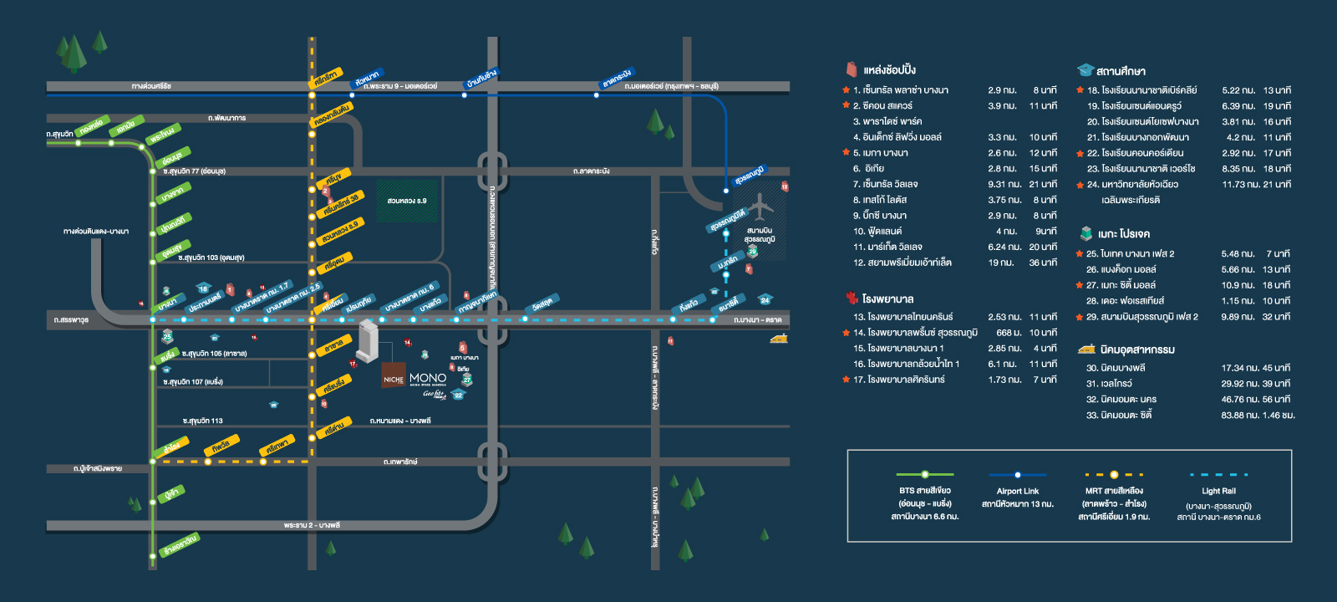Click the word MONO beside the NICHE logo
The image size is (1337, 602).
pyautogui.click(x=428, y=378)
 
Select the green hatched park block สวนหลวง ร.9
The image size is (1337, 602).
pyautogui.click(x=407, y=202)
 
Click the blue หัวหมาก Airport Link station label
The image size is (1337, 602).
pyautogui.click(x=367, y=79)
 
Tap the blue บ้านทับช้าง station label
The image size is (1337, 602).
pyautogui.click(x=481, y=78)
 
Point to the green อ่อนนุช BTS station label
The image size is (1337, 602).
pyautogui.click(x=172, y=157)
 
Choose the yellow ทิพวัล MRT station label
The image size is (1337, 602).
pyautogui.click(x=221, y=445)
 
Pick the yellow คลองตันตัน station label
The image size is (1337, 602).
pyautogui.click(x=332, y=115)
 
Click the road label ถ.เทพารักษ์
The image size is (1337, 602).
pyautogui.click(x=400, y=462)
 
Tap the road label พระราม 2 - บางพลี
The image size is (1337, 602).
pyautogui.click(x=312, y=525)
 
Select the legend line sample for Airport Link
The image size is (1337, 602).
pyautogui.click(x=1017, y=475)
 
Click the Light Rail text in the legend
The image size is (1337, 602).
pyautogui.click(x=1218, y=491)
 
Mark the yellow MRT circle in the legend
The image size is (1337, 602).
pyautogui.click(x=1113, y=475)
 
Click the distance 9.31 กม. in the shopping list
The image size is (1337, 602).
pyautogui.click(x=1004, y=184)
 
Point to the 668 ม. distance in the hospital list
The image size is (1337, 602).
pyautogui.click(x=1009, y=333)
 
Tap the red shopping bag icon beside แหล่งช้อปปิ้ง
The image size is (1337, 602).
pyautogui.click(x=851, y=69)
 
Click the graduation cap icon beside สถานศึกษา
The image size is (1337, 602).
pyautogui.click(x=1085, y=70)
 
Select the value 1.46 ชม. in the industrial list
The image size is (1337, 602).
pyautogui.click(x=1279, y=415)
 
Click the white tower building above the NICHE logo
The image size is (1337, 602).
pyautogui.click(x=368, y=341)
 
